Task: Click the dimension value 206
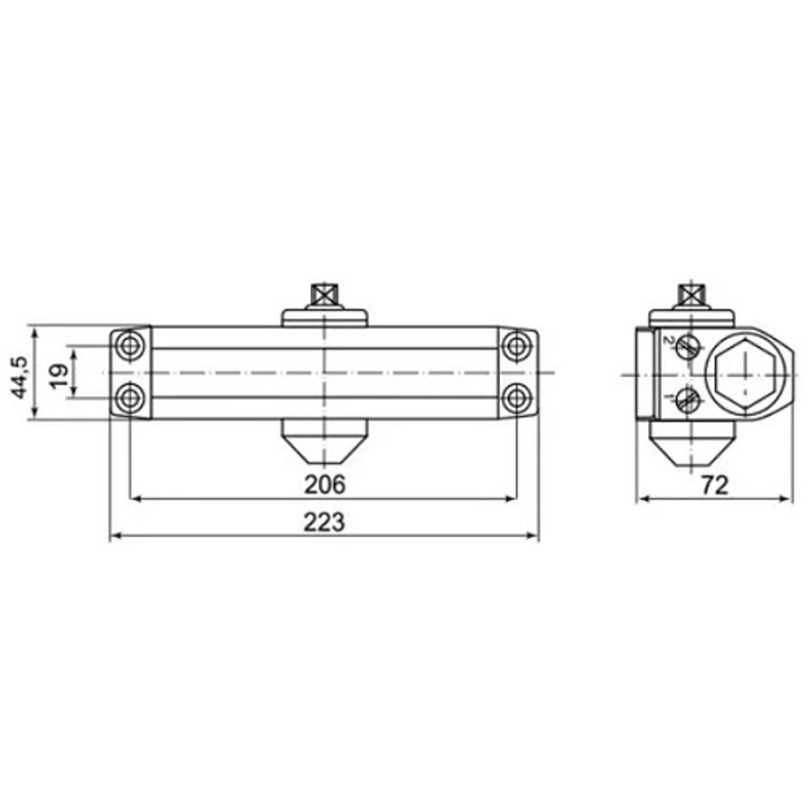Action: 325,484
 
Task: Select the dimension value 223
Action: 324,522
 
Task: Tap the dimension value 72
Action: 715,485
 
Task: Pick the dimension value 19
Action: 59,376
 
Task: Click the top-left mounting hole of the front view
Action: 129,345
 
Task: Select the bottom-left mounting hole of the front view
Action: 129,398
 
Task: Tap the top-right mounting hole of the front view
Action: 516,345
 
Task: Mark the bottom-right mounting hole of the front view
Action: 516,398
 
